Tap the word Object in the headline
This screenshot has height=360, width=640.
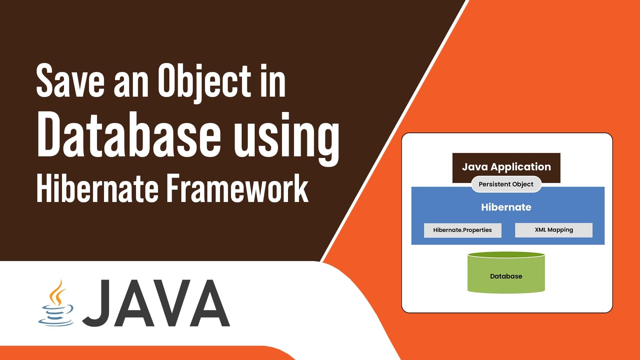click(205, 83)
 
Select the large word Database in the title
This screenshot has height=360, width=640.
click(129, 135)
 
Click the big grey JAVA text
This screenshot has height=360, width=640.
click(156, 303)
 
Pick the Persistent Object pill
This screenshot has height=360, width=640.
click(506, 184)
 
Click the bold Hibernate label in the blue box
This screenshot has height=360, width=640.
click(506, 207)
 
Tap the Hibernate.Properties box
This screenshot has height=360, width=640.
click(463, 230)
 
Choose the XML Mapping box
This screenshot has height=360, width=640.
click(554, 230)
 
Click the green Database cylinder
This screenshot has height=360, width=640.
click(506, 273)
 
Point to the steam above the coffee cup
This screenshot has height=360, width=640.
click(56, 292)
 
